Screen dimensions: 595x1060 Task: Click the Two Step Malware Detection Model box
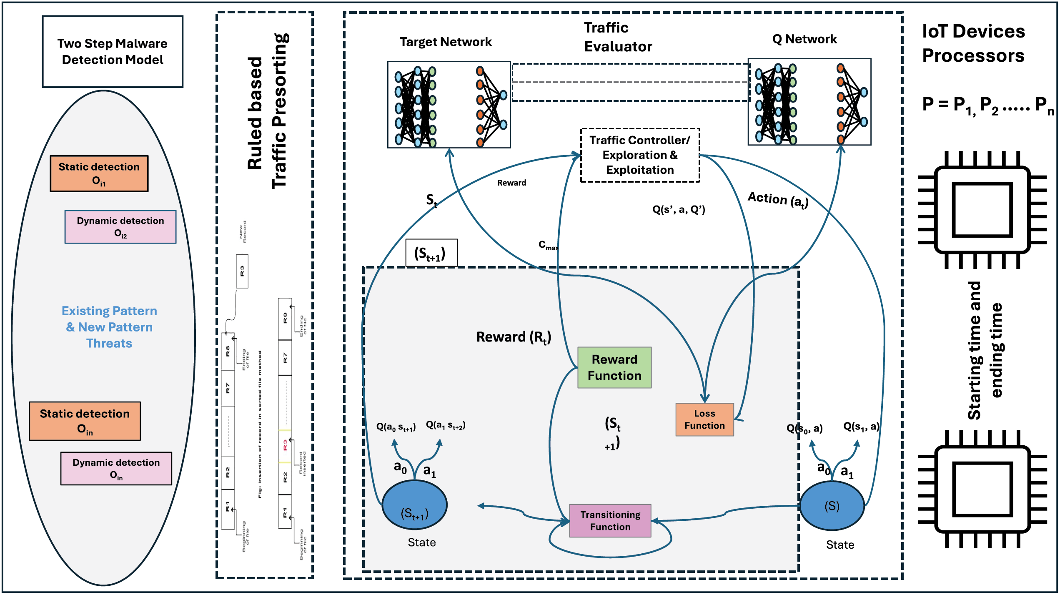[113, 52]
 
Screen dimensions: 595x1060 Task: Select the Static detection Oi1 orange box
[99, 173]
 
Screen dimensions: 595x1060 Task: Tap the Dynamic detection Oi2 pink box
[120, 227]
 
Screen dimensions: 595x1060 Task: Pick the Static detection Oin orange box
[85, 421]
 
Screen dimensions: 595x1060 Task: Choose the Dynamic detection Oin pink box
[116, 468]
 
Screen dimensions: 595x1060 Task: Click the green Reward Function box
[614, 367]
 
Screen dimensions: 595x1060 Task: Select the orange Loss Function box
[704, 419]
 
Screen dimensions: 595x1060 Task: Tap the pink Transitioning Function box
[610, 520]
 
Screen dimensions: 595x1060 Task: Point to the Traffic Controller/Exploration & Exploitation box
[640, 155]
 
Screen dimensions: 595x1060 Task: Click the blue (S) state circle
[832, 505]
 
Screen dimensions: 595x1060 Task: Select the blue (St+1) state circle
[414, 505]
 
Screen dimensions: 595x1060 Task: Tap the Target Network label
[446, 42]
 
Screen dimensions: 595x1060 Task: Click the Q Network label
[804, 39]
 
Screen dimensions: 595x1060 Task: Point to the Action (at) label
[778, 199]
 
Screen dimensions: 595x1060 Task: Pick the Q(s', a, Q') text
[679, 209]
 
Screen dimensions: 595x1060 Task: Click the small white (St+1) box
[431, 253]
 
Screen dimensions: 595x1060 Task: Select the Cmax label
[548, 245]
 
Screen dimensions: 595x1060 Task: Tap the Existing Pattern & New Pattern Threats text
[109, 327]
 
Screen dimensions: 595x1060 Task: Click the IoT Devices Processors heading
[973, 43]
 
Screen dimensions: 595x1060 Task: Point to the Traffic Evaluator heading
[618, 37]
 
